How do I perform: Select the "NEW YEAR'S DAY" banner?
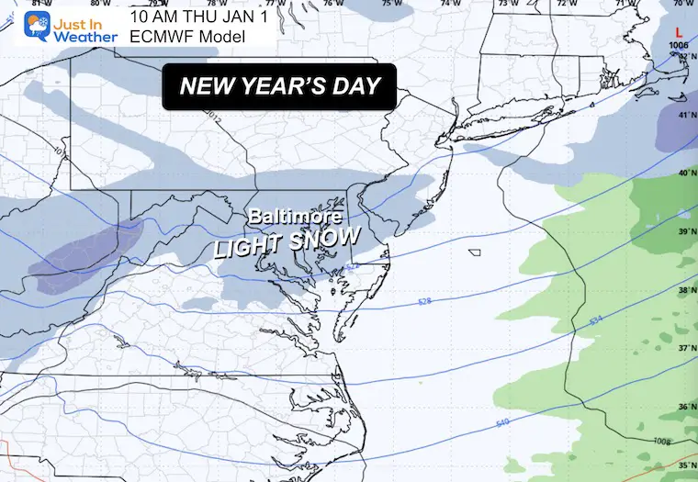click(x=280, y=87)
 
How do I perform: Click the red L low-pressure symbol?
click(x=679, y=31)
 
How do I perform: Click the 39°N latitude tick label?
click(x=683, y=232)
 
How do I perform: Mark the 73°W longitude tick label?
click(x=503, y=5)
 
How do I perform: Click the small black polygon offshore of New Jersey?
click(x=474, y=252)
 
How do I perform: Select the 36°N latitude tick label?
click(x=683, y=407)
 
